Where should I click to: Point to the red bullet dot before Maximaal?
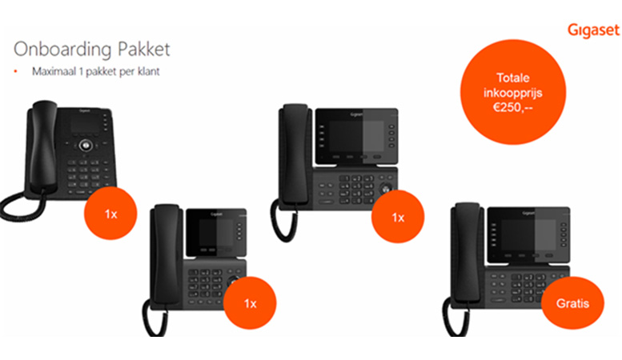tap(15, 71)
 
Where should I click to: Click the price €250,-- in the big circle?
tap(513, 107)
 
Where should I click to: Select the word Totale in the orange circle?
tap(513, 78)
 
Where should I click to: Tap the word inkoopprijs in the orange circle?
tap(513, 93)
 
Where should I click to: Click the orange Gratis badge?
tap(572, 303)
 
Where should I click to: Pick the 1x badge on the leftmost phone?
tap(110, 214)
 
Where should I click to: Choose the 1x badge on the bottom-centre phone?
tap(250, 303)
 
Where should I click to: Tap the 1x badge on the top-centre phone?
tap(398, 217)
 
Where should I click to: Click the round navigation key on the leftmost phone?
tap(86, 146)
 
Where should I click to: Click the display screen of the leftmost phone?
tap(85, 125)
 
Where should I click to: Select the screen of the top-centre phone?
tap(356, 136)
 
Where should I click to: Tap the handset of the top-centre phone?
tap(295, 154)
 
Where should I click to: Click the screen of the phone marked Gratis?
tap(528, 234)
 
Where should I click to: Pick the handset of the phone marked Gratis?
tap(468, 254)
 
